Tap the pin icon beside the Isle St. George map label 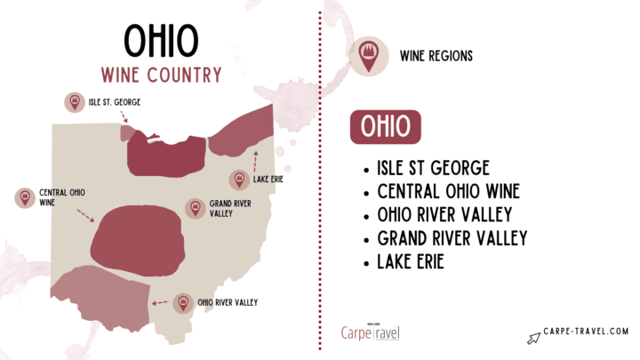point(74,102)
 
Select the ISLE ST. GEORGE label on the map point(114,102)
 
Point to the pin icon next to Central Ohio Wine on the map point(24,196)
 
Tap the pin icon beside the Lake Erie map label point(238,180)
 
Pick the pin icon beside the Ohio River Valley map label point(184,303)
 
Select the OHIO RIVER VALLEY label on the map point(228,303)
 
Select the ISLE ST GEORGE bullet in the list point(433,169)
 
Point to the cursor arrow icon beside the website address point(533,337)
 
